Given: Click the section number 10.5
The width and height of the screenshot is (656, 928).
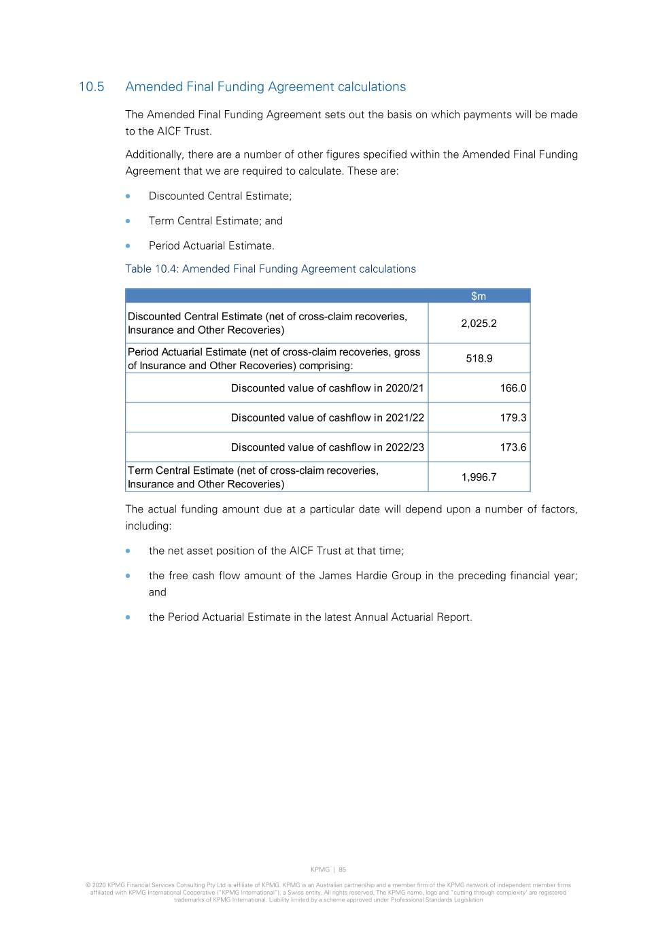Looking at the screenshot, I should coord(91,87).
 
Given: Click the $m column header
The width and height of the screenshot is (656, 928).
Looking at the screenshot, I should coord(479,296).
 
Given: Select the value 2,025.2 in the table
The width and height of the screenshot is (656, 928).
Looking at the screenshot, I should coord(479,324).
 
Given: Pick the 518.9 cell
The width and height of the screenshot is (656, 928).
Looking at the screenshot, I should coord(479,358).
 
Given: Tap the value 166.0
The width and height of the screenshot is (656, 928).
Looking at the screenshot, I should coord(513,388).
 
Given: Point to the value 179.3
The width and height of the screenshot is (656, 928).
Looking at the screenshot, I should coord(513,418).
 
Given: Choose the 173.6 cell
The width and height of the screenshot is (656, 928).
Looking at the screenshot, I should coord(513,447).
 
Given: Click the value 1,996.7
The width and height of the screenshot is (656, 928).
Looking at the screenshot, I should coord(479,477).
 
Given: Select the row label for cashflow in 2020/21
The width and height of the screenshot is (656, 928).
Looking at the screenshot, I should coord(327,388).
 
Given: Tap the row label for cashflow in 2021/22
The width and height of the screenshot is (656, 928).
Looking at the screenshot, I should coord(327,418).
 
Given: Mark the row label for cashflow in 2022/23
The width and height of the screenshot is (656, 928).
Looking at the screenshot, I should coord(327,447).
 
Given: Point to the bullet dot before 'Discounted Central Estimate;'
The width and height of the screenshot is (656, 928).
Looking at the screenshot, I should coord(128,196).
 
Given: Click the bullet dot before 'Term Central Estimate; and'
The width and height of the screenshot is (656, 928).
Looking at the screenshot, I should coord(128,221).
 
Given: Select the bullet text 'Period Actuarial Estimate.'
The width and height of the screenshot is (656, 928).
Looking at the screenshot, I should coord(211,246).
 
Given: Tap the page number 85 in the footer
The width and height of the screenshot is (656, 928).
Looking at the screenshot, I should coord(343,870).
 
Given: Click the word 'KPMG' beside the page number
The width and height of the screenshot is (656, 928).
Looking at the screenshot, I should coord(320,870).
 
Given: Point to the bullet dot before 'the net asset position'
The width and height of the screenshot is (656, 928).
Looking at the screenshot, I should coord(128,551).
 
